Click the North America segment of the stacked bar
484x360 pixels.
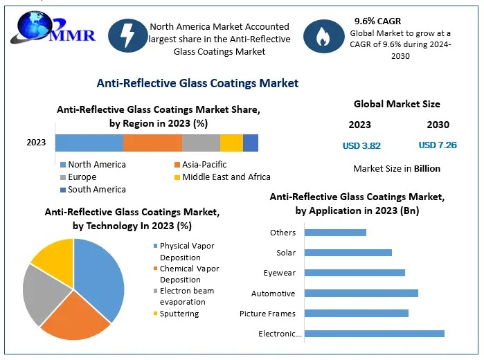coord(89,143)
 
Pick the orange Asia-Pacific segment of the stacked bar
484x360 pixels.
coord(152,143)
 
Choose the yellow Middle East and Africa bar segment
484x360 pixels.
coord(231,143)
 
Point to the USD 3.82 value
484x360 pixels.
coord(361,146)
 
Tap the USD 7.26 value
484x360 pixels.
coord(437,145)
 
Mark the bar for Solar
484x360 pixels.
coord(348,253)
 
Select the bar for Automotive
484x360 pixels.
coord(361,293)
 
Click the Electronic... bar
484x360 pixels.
coord(375,334)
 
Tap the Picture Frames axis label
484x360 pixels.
coord(267,314)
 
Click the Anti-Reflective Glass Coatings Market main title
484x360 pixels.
coord(197,83)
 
